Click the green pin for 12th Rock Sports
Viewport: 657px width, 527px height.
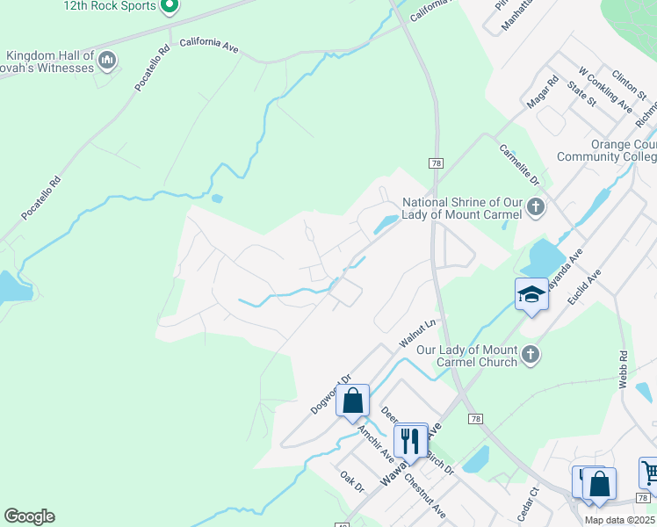[x=171, y=7]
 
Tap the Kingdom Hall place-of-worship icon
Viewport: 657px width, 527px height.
[x=108, y=61]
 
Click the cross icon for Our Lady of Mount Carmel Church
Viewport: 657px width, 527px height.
[x=529, y=355]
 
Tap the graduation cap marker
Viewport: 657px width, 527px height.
[x=531, y=295]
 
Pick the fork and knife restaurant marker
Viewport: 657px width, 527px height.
[x=410, y=438]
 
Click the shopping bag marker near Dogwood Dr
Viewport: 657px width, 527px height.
[x=352, y=401]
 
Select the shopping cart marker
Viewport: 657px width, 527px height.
[x=649, y=473]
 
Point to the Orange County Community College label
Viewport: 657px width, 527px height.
[x=607, y=150]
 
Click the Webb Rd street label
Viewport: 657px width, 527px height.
[x=624, y=370]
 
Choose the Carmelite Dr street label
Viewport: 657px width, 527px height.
[x=519, y=165]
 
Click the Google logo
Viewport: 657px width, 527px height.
[x=29, y=516]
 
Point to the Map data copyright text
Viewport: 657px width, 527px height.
[x=619, y=520]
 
